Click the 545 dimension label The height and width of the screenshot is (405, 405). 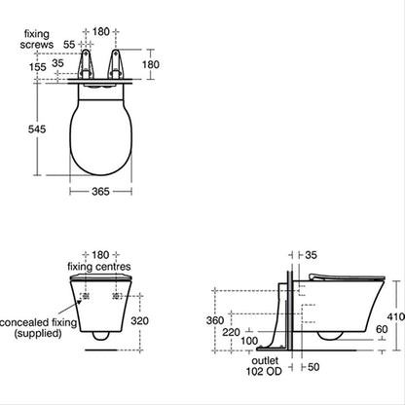click(x=37, y=129)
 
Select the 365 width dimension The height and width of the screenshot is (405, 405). click(x=100, y=192)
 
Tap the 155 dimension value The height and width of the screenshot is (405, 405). click(x=38, y=67)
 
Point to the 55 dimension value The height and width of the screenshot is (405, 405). click(x=69, y=44)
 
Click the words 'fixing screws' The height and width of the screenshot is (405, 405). click(x=37, y=39)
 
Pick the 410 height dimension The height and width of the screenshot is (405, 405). click(x=395, y=316)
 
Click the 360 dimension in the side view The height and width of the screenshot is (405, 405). click(x=215, y=320)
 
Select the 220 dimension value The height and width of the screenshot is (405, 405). click(x=231, y=332)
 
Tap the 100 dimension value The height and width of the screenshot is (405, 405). click(x=249, y=341)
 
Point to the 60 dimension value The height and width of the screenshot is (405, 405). click(x=382, y=329)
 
